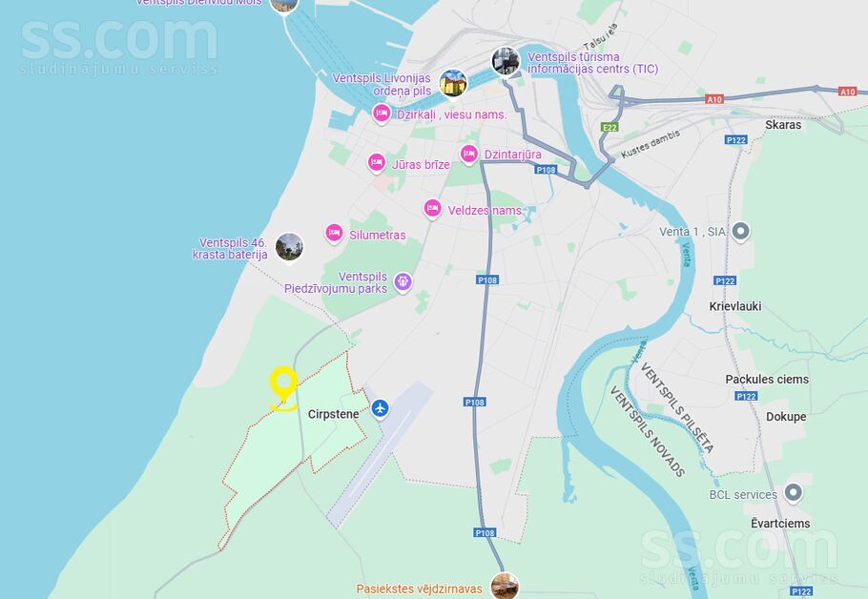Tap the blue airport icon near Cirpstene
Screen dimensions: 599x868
tap(381, 408)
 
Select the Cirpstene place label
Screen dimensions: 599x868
tap(333, 414)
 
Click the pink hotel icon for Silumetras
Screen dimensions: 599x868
tap(334, 233)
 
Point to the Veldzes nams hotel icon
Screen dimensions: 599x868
tap(433, 209)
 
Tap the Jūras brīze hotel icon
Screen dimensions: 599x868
tap(378, 163)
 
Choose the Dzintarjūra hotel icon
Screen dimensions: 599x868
tap(468, 154)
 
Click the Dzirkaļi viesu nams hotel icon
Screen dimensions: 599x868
tap(382, 114)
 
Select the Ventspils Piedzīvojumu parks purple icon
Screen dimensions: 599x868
tap(403, 281)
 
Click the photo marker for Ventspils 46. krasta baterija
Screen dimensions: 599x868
tap(289, 247)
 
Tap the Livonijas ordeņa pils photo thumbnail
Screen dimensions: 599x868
tap(453, 83)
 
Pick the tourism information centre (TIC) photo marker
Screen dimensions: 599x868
tap(506, 61)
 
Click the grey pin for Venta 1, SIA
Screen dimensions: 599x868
tap(741, 231)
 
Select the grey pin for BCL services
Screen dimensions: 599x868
tap(793, 493)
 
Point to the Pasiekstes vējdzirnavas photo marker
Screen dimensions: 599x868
tap(505, 586)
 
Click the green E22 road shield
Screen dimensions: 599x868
tap(610, 127)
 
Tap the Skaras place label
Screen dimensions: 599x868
tap(783, 125)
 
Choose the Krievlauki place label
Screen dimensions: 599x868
tap(735, 307)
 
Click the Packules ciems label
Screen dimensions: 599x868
tap(767, 379)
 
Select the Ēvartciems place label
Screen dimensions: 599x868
tap(780, 524)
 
